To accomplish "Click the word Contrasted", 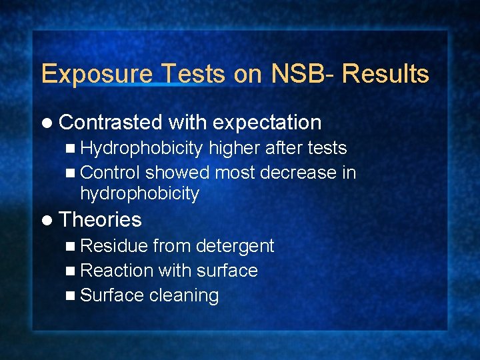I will (x=111, y=123).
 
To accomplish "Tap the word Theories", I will (x=100, y=220).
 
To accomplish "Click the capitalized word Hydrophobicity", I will (x=141, y=149).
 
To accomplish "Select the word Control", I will (x=110, y=173).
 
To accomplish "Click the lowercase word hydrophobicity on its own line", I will (x=139, y=194).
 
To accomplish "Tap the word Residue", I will (x=113, y=246).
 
